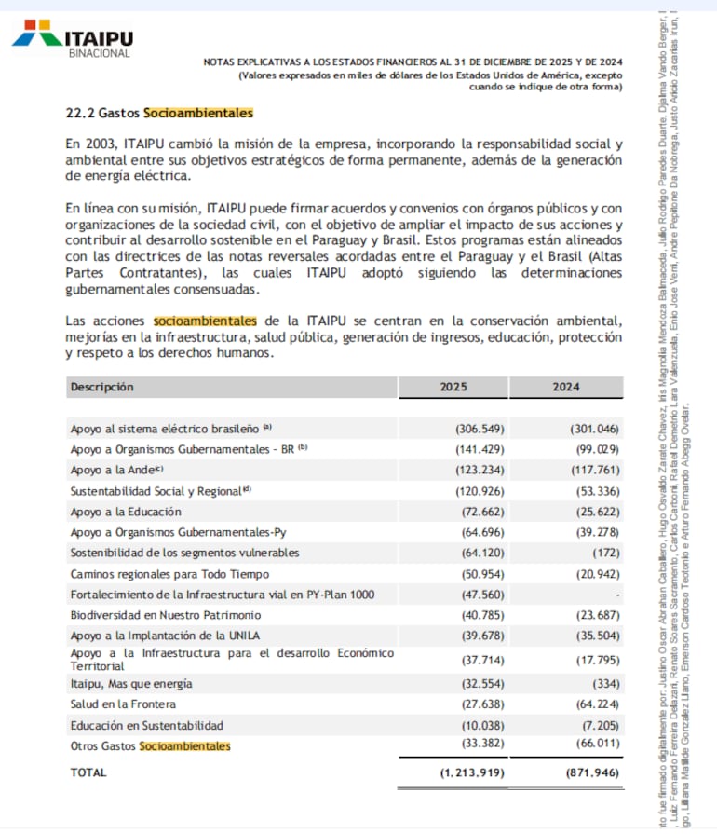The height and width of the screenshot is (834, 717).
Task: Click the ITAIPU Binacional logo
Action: coord(73,38)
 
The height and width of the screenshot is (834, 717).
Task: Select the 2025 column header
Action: coord(453,387)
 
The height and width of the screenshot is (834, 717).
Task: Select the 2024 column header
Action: coord(565,387)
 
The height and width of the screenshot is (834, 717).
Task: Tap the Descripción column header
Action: coord(102,387)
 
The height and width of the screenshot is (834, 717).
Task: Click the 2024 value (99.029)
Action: coord(594,450)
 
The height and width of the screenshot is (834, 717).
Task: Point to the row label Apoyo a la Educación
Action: coord(126,512)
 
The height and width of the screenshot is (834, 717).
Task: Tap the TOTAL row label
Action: coord(88,772)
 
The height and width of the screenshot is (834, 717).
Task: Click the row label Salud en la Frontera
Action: coord(123,704)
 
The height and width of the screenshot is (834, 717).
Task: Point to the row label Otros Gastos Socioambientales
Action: coord(150,745)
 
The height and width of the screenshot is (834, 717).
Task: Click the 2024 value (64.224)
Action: coord(594,704)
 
